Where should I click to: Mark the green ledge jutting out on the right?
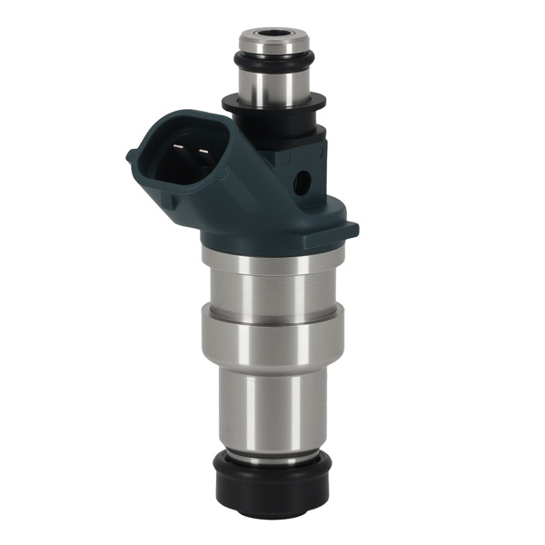coord(345,228)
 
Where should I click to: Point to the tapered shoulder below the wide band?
coord(271,363)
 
